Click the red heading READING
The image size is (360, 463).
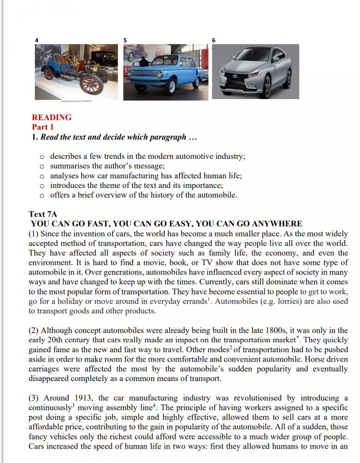click(x=51, y=117)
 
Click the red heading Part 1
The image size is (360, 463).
click(x=43, y=127)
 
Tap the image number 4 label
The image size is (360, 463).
click(x=37, y=41)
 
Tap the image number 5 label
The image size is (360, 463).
click(x=125, y=41)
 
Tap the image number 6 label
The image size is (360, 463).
click(x=214, y=41)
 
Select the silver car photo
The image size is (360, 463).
click(x=255, y=72)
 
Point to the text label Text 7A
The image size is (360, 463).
click(x=43, y=214)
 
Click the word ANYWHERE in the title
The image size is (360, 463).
click(x=273, y=224)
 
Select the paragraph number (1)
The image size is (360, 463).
click(x=34, y=233)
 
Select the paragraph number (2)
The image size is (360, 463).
click(x=34, y=330)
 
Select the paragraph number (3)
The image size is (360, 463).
click(x=34, y=398)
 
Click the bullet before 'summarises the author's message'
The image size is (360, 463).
click(x=42, y=166)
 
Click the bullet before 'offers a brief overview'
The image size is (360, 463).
click(x=42, y=195)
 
